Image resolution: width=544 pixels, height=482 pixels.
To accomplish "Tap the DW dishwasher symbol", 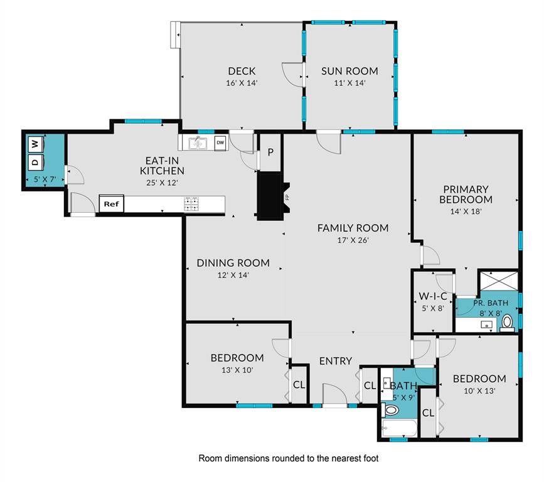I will click(x=220, y=143).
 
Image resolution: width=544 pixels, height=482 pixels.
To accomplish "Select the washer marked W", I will click(x=35, y=143).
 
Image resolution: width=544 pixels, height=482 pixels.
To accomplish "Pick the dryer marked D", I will click(x=35, y=162).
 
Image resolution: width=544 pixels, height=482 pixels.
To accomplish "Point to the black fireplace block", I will click(x=270, y=195).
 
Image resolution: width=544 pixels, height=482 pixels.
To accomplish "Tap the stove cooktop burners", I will click(x=191, y=204).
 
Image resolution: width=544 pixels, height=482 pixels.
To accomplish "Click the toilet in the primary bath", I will click(x=508, y=323).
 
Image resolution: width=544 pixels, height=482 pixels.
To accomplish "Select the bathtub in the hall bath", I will click(x=398, y=431).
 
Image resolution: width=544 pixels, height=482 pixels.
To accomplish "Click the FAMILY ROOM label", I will click(x=353, y=228).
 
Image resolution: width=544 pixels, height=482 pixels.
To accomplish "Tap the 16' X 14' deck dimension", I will click(x=242, y=83).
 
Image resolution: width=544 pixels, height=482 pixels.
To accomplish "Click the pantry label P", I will click(x=270, y=153).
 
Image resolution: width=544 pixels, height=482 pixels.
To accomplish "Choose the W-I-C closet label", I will click(x=433, y=296).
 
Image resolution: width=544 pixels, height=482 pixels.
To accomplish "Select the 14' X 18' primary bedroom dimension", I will click(x=466, y=212).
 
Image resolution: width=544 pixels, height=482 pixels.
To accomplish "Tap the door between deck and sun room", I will click(x=294, y=74).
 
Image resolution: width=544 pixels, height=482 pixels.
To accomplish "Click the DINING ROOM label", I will click(x=233, y=263).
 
